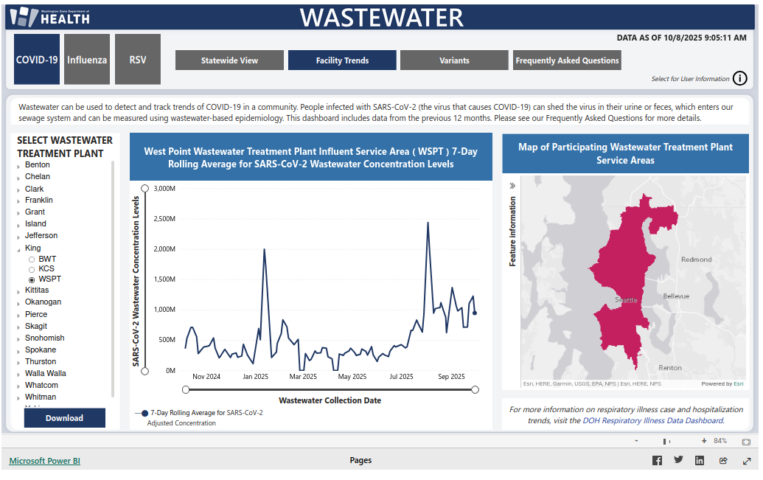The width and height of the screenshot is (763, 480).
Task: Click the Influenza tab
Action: pos(87,59)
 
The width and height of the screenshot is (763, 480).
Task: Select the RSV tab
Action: pos(138,59)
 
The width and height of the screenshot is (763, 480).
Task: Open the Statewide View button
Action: pos(229,60)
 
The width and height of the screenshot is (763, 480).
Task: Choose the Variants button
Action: pos(454,60)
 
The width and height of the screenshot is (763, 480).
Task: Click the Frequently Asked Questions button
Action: pos(567,60)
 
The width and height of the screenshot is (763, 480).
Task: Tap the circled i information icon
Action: pos(740,79)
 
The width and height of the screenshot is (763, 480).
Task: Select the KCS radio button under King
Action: pos(32,269)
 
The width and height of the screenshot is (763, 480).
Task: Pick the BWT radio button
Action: pos(32,260)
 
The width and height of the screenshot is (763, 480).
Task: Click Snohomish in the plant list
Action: pos(44,338)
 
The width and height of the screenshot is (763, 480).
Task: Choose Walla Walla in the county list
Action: pos(45,373)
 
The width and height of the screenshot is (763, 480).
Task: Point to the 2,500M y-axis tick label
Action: pos(162,218)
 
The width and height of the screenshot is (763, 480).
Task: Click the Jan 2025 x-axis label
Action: pos(256,377)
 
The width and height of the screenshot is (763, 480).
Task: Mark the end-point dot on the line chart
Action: pos(475,313)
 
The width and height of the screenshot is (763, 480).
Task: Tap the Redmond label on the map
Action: pos(697,260)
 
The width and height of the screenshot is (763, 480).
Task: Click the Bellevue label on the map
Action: pos(676,296)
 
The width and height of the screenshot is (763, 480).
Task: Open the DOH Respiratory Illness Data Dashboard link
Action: pos(652,420)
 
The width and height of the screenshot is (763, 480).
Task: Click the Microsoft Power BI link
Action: pos(44,461)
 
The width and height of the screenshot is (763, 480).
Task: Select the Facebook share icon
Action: pos(657,461)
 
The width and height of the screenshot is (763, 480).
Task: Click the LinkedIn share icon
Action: pos(700,461)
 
